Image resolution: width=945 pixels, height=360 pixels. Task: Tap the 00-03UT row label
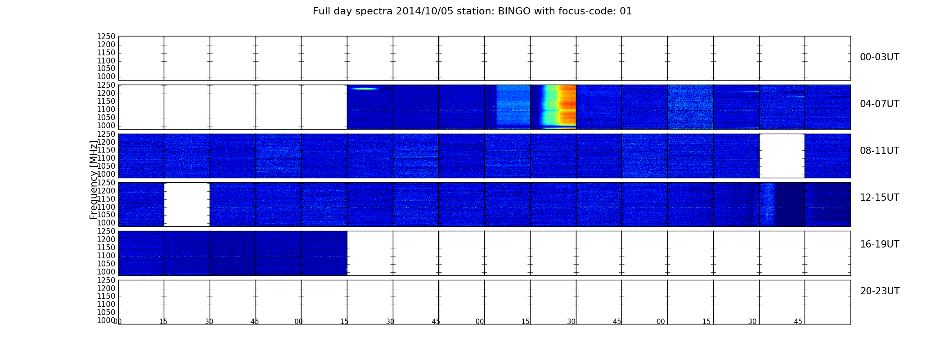(880, 57)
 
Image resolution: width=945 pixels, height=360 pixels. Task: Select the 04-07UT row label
(880, 104)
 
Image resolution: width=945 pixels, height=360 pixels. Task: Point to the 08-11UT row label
(880, 151)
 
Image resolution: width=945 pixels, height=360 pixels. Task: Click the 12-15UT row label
(880, 198)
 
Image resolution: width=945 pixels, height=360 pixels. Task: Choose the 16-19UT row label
(880, 244)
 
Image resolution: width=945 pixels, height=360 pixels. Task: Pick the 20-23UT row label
(880, 291)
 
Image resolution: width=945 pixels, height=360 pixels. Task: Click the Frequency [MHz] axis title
(94, 180)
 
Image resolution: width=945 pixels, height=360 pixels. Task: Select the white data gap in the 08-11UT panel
(782, 156)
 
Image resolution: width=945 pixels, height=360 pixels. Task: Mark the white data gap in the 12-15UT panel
(187, 204)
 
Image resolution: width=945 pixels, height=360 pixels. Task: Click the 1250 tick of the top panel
(106, 37)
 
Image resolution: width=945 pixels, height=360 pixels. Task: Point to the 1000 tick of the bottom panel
(106, 320)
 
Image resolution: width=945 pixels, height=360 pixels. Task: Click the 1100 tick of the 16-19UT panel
(106, 256)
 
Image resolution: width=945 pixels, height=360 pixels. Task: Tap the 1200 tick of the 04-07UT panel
(106, 93)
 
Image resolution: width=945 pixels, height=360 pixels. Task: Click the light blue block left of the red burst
(513, 107)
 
